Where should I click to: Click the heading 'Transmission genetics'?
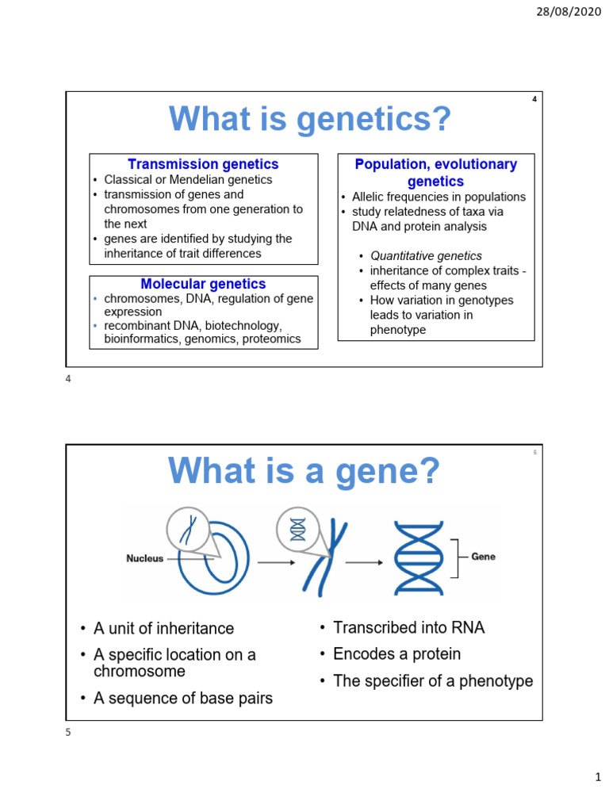click(x=203, y=164)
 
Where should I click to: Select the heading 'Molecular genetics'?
click(x=203, y=284)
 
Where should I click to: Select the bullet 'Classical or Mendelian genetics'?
click(x=188, y=180)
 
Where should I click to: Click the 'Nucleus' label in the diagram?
click(x=145, y=558)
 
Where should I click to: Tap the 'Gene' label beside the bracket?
click(x=483, y=557)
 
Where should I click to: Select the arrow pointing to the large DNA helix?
click(x=362, y=563)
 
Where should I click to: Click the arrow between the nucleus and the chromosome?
click(x=274, y=563)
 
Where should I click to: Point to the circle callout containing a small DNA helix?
click(x=298, y=529)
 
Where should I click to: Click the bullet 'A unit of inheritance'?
click(x=163, y=629)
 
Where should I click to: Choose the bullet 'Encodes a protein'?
click(x=396, y=654)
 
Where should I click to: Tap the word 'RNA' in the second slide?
click(x=465, y=628)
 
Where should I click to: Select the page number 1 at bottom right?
click(x=598, y=779)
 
